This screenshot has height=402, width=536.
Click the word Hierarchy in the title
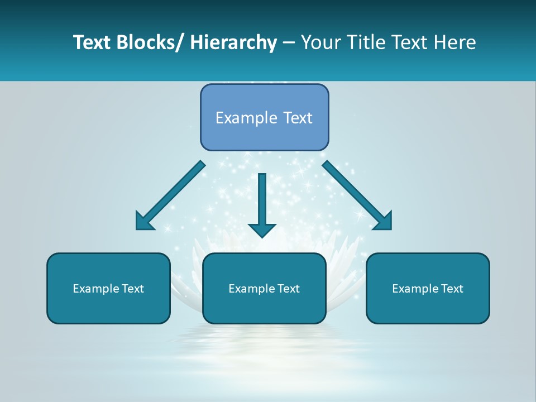233,42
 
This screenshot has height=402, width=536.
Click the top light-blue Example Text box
264,117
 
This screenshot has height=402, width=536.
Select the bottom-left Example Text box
108,289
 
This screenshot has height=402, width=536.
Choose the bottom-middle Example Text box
264,289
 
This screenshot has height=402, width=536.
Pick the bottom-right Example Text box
428,289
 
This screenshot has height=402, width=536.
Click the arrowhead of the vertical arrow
262,229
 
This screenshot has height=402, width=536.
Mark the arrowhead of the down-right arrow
384,222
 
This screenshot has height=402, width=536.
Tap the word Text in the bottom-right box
452,289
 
